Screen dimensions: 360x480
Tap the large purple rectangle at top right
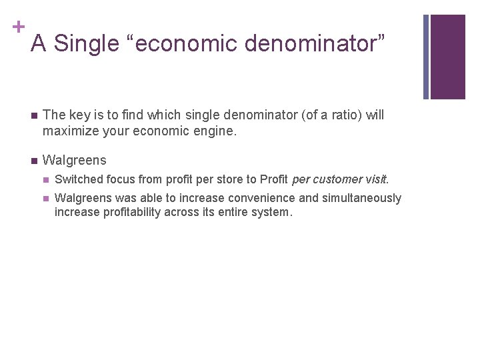click(x=448, y=57)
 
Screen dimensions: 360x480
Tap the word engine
click(x=215, y=131)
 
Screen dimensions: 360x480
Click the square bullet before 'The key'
click(x=32, y=115)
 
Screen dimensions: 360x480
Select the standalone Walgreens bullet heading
click(x=74, y=161)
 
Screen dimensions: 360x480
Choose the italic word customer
click(x=341, y=179)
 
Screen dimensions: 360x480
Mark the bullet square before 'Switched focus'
click(x=45, y=180)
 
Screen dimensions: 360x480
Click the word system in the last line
click(x=275, y=213)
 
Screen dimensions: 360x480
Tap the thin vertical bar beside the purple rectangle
click(x=427, y=57)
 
